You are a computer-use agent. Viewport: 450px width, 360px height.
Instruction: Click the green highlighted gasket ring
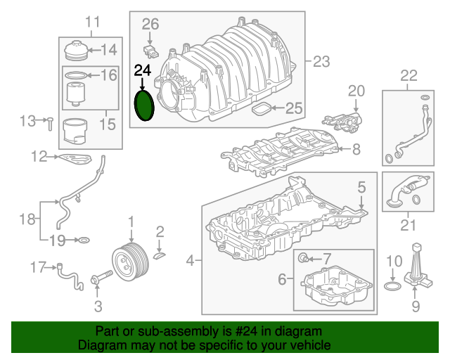(x=144, y=105)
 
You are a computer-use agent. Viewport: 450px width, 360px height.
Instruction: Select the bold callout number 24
(x=143, y=70)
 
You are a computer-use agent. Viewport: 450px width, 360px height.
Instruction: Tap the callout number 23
(x=321, y=62)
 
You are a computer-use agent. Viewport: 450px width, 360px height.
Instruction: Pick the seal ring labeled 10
(x=393, y=287)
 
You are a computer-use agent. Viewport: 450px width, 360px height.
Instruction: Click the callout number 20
(x=357, y=91)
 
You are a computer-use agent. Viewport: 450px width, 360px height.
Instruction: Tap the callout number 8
(x=356, y=149)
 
